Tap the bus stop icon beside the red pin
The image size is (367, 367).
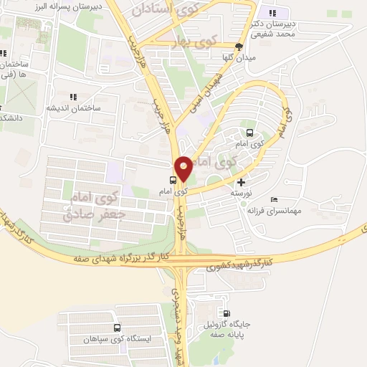[x=173, y=180]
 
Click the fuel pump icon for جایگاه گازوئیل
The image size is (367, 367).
[x=227, y=313]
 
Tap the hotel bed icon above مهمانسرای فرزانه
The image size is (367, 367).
[x=275, y=199]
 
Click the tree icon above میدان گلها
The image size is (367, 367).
[x=249, y=47]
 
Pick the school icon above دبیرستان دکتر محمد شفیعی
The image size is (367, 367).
[x=270, y=13]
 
